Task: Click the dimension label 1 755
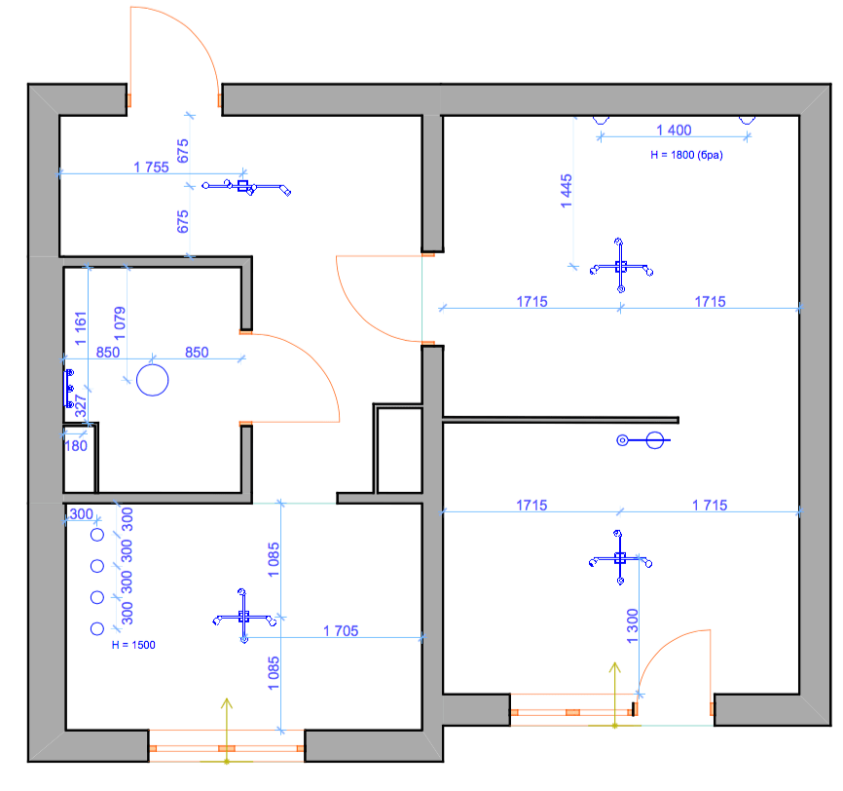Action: coord(151,167)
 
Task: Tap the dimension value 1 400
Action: coord(674,130)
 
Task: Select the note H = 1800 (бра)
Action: coord(687,154)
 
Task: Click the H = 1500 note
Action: coord(133,645)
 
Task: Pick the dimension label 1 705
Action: coord(341,631)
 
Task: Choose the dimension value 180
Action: coord(76,446)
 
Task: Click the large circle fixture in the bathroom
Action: coord(153,379)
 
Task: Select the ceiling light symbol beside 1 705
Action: coord(243,617)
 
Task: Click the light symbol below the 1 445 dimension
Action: coord(620,266)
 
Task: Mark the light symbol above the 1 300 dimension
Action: coord(620,558)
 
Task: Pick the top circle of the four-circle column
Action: coord(97,535)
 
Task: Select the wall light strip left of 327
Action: coord(69,389)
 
